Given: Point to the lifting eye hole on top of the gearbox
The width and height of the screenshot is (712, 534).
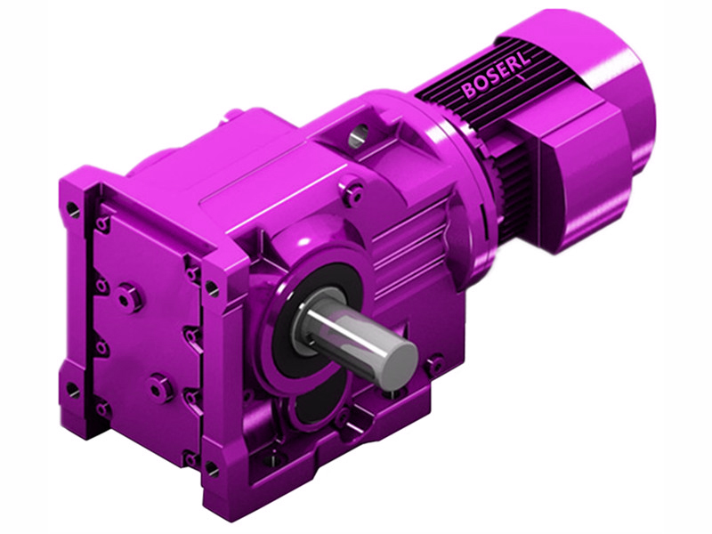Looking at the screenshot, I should click(358, 135).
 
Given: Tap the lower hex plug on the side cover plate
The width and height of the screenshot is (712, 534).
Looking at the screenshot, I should click(161, 387).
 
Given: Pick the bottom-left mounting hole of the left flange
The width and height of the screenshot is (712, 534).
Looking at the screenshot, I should click(73, 390).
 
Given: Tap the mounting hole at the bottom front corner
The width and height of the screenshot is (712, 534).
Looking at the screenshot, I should click(210, 466).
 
